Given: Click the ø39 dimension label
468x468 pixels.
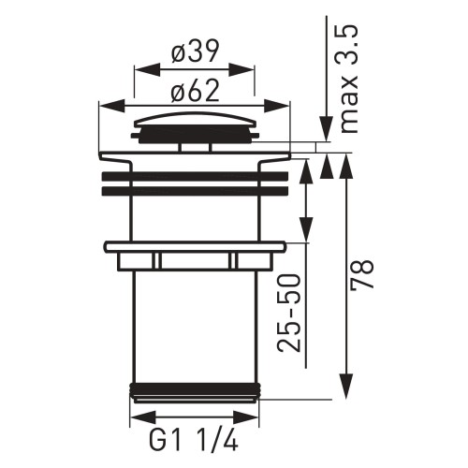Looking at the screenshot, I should tap(197, 53).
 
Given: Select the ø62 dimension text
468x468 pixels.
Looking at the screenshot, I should tap(197, 92).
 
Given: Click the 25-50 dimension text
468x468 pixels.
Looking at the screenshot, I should tap(291, 312).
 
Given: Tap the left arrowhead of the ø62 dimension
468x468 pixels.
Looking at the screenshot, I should tap(104, 105).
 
